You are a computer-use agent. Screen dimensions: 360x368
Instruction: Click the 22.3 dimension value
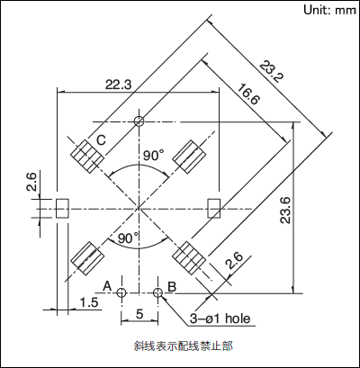[118, 85]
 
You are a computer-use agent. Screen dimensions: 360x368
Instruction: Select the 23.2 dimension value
[272, 72]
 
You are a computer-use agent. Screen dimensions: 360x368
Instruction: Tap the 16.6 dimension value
[248, 94]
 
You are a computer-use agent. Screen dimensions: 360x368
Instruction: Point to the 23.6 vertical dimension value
[285, 210]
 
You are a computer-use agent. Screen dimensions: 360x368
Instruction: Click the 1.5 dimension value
[89, 302]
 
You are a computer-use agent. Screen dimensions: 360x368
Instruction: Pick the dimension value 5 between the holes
[139, 314]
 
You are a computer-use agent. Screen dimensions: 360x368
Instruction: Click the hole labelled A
[121, 292]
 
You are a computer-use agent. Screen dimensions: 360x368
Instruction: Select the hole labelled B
[157, 292]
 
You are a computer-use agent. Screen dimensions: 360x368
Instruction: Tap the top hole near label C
[139, 121]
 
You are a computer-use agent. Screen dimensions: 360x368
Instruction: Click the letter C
[101, 139]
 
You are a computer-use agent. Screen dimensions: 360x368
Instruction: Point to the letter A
[107, 286]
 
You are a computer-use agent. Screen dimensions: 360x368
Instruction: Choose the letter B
[172, 287]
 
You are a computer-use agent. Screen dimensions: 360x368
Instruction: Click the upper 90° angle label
[153, 156]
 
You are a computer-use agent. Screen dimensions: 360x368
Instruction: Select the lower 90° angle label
[128, 238]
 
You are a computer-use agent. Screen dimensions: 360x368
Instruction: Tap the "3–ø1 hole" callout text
[220, 319]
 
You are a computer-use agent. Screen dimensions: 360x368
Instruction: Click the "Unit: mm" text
[329, 10]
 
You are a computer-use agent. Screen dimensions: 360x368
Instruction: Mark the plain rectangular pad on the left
[63, 208]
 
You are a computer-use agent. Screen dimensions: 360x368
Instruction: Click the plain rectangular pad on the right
[214, 208]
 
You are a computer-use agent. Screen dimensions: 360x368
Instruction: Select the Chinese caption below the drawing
[183, 346]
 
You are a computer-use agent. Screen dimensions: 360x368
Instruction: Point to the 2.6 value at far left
[31, 182]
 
